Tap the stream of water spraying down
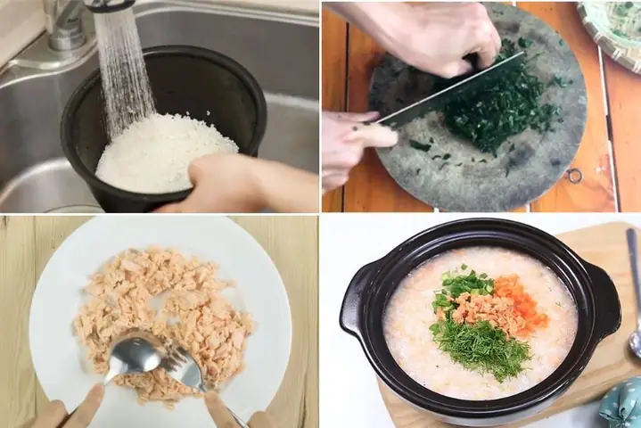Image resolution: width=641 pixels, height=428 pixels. [125, 71]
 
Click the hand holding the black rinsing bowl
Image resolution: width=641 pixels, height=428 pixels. [223, 183]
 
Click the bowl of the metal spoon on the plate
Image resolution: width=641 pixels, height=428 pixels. [134, 354]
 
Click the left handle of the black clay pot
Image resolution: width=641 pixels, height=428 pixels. [354, 299]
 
